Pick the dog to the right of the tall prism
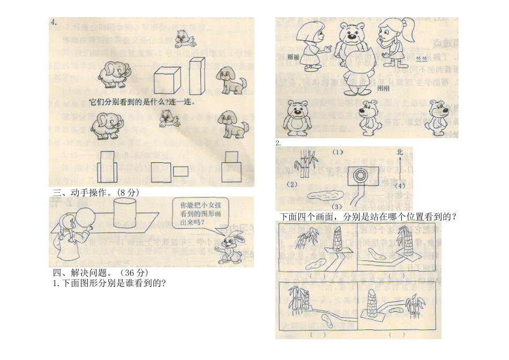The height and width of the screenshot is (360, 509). pyautogui.click(x=230, y=80)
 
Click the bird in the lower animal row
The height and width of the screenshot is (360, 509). pyautogui.click(x=169, y=118)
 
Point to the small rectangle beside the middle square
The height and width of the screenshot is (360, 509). pyautogui.click(x=181, y=171)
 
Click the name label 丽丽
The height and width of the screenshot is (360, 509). pyautogui.click(x=293, y=56)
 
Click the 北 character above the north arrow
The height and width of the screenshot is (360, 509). pyautogui.click(x=399, y=152)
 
